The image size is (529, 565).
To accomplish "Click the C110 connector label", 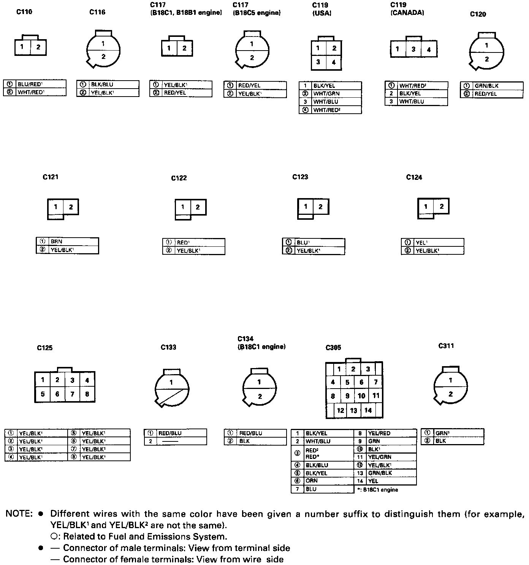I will click(x=24, y=12).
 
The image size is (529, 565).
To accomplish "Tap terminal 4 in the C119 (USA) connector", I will click(x=334, y=62).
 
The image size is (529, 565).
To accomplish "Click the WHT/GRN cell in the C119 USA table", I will click(x=336, y=94).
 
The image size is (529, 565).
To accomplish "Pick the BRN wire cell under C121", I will click(x=73, y=241).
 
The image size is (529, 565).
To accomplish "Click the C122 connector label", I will click(x=179, y=178).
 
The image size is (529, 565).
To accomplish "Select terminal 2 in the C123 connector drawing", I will click(x=320, y=206).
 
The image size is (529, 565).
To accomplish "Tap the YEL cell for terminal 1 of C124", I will click(x=437, y=243).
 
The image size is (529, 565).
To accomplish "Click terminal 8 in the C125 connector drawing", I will click(x=87, y=394).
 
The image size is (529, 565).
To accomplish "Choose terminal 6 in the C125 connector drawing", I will click(x=57, y=394).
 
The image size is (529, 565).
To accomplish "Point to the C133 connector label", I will click(x=168, y=347).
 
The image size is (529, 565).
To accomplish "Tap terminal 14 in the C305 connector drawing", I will click(x=368, y=410).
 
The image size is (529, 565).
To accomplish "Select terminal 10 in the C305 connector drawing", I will click(x=361, y=396).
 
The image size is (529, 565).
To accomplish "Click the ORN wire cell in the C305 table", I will click(x=329, y=481).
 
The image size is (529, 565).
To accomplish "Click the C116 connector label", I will click(x=97, y=12).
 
